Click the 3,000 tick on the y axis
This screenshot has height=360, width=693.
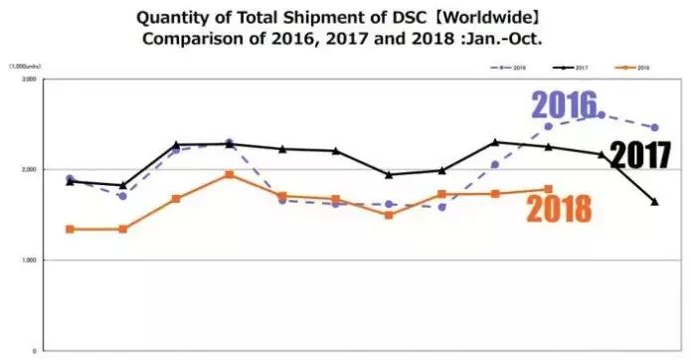27,78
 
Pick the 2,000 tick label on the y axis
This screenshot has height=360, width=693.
27,169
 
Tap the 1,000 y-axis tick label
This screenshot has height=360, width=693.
27,261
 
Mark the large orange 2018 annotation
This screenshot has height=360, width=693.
560,208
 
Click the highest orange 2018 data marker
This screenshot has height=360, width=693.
229,175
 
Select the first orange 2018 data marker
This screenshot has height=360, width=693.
69,229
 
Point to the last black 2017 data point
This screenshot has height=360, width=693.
654,202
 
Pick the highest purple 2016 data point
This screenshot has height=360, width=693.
602,115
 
